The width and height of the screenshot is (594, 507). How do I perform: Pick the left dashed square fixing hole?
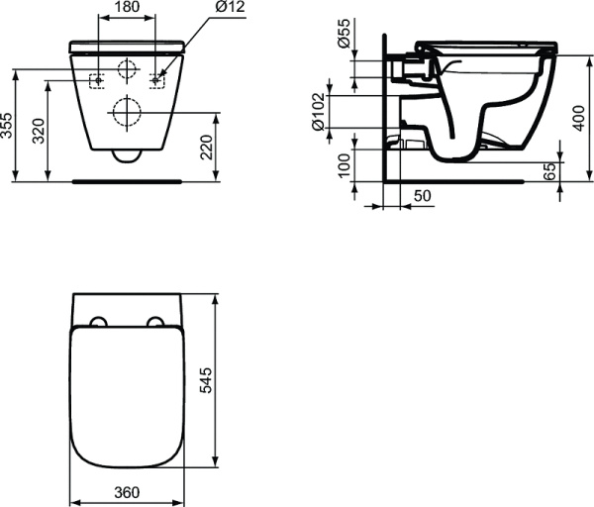[x=97, y=80]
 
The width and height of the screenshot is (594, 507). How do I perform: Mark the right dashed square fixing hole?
[x=156, y=80]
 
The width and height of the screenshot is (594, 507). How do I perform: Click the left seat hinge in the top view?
[x=98, y=322]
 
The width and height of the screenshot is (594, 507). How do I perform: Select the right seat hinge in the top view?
[x=155, y=322]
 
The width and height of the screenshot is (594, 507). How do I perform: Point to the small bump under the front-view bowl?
[x=126, y=156]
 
